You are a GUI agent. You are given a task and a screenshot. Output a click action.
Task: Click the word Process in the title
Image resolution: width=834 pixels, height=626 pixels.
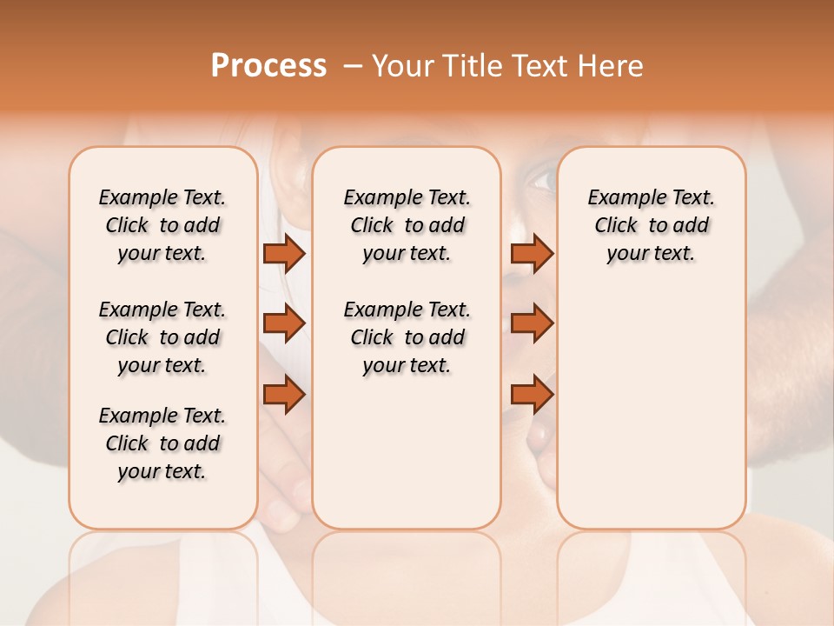tap(268, 66)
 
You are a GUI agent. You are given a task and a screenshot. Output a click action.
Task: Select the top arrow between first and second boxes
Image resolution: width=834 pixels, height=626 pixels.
tap(283, 254)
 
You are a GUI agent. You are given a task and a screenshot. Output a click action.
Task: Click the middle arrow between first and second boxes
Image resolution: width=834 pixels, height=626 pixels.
tap(283, 323)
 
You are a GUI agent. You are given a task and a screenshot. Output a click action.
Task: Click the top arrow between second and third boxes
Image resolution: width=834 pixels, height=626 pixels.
tap(532, 254)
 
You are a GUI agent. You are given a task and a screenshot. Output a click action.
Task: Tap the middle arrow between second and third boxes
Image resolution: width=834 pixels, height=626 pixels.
tap(532, 323)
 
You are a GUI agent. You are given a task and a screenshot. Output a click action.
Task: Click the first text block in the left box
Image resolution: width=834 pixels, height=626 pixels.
tap(162, 225)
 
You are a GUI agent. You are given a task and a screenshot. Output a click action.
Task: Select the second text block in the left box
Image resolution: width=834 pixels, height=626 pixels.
tap(162, 337)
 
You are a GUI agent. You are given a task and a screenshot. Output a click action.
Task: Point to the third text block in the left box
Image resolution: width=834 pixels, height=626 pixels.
tap(162, 443)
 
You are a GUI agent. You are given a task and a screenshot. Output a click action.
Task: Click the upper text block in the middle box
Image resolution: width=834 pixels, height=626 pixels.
tap(407, 225)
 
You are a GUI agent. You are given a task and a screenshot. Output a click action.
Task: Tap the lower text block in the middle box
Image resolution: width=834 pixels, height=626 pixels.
tap(407, 337)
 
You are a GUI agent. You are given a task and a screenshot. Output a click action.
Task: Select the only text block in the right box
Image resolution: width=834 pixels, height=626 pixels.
tap(651, 225)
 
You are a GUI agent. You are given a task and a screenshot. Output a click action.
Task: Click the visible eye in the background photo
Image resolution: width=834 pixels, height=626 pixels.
tap(540, 181)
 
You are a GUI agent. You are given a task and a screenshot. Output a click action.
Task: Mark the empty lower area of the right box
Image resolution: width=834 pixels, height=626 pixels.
tap(651, 409)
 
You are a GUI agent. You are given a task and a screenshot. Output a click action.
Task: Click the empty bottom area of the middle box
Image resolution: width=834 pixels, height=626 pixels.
tap(407, 461)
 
